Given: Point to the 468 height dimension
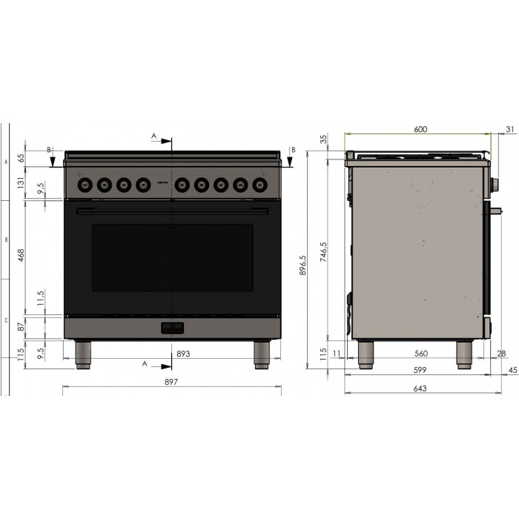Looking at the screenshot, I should coord(21,255).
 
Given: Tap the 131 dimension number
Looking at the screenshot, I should coord(21,179).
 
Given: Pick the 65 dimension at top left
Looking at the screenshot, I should coord(21,157).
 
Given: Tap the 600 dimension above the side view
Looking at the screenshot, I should coord(420,129).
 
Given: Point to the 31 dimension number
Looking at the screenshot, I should coord(509,129).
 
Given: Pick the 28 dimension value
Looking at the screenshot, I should coord(501,354).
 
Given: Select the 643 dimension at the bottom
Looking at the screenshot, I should coord(420,389).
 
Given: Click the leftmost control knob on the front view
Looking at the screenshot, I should coord(85,184).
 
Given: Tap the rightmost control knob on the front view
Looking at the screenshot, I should coord(260,184).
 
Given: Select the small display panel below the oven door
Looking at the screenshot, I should coord(173,327).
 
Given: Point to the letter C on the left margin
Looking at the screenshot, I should coord(6,321).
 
